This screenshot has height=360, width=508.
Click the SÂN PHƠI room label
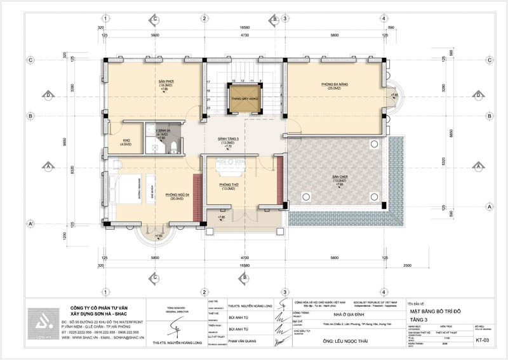pyautogui.click(x=166, y=83)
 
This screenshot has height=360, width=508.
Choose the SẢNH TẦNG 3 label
pyautogui.click(x=227, y=140)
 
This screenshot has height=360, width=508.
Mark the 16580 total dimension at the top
pyautogui.click(x=244, y=28)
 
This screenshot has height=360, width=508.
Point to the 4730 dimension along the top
pyautogui.click(x=244, y=36)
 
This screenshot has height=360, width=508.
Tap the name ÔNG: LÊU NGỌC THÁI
pyautogui.click(x=330, y=339)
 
